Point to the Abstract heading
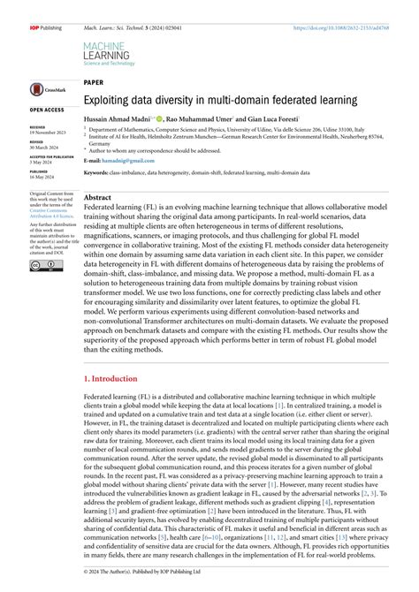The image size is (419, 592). [x=97, y=198]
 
